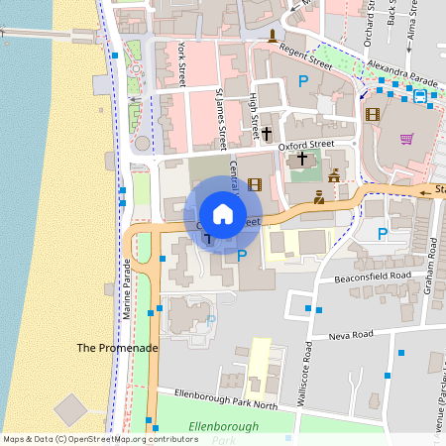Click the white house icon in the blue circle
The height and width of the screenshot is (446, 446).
point(223,214)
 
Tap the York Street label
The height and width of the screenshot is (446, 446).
point(181,64)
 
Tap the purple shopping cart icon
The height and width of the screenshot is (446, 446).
point(406,138)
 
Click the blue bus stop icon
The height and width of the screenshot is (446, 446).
point(420,96)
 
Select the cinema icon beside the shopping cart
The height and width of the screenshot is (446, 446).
point(372,114)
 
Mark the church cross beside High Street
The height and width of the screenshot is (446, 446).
point(267,132)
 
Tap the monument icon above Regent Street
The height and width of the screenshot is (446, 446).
point(272,37)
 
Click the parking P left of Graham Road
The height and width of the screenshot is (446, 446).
point(383,234)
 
